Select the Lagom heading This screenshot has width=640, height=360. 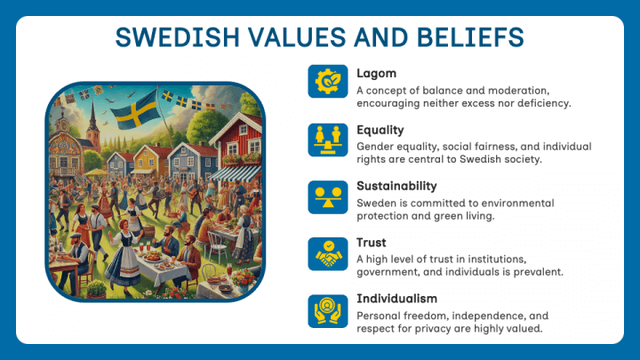pos(376,73)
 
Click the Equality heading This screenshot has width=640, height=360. pos(380,130)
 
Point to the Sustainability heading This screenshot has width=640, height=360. pos(396,186)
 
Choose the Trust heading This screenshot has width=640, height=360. pos(371,242)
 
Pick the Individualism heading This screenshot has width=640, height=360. pos(396,298)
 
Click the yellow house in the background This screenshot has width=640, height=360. pos(147,160)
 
